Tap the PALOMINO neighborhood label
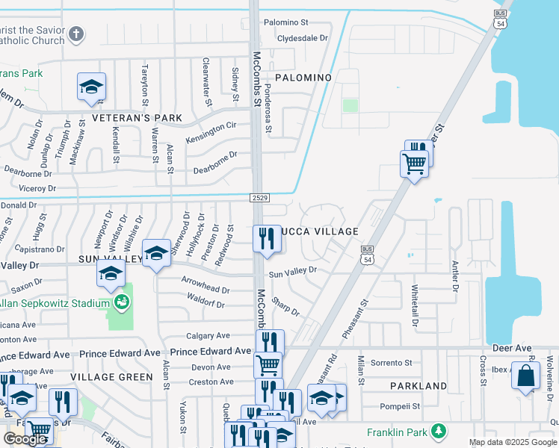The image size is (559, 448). click(x=303, y=78)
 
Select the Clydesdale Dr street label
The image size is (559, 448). click(x=303, y=37)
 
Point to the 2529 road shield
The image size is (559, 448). click(x=259, y=197)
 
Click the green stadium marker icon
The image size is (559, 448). click(x=121, y=302)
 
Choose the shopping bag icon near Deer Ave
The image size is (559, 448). click(x=525, y=375)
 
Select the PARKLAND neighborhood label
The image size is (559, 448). click(x=419, y=386)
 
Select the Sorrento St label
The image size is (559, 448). click(x=393, y=363)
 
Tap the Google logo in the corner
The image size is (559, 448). click(x=25, y=439)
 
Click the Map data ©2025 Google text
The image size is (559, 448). click(x=513, y=442)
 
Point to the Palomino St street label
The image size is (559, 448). click(x=286, y=23)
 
